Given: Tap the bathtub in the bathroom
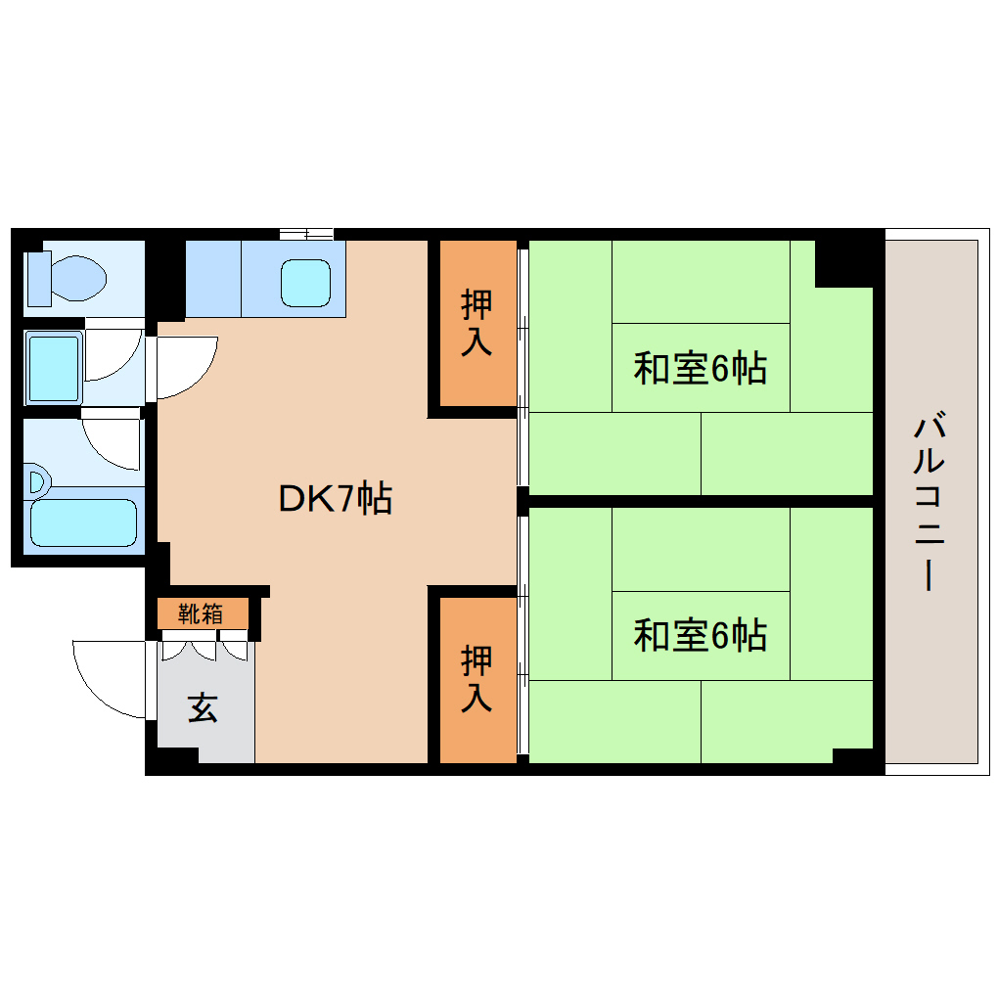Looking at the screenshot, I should [83, 522].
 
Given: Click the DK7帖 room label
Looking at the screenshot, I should [336, 499].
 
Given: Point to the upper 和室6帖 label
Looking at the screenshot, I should [700, 369].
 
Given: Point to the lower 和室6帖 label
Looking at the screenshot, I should [700, 636].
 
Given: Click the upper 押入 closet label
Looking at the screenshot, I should [476, 323].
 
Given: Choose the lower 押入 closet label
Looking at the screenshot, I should [476, 678].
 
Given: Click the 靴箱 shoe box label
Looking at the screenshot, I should [201, 614].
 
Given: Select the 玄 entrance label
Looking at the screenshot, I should [203, 707].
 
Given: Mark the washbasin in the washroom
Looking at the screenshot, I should [54, 367].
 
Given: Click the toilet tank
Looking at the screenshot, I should [38, 277].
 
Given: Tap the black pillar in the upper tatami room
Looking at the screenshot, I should [843, 262].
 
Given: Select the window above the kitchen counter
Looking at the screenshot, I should [306, 233].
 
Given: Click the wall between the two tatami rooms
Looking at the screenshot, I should [700, 501].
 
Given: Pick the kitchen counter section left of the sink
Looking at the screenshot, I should [212, 279].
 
